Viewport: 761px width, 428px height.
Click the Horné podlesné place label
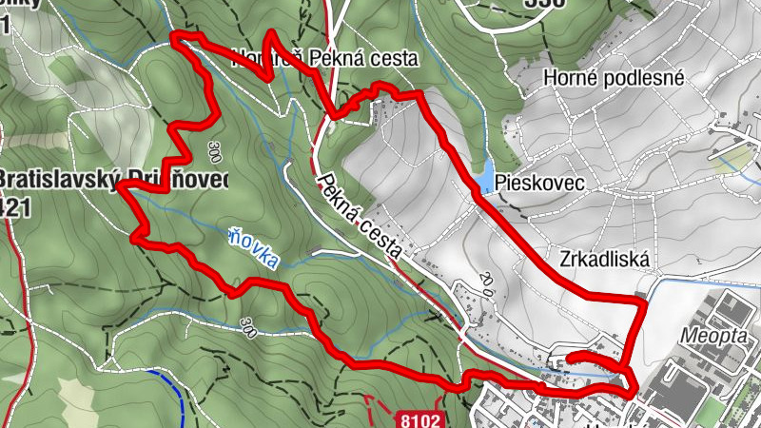click(x=614, y=79)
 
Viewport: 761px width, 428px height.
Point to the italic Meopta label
click(x=714, y=336)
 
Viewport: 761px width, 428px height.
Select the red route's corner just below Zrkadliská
click(x=644, y=302)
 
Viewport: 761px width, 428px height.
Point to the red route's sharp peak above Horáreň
click(x=271, y=33)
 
